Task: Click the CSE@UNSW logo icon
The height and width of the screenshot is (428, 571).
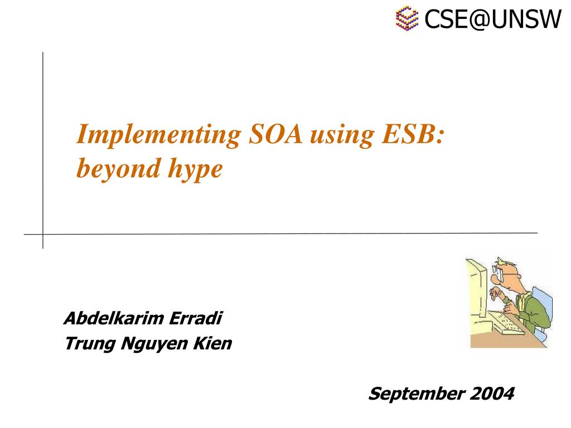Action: (x=407, y=18)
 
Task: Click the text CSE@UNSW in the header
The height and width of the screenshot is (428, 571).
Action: (x=492, y=20)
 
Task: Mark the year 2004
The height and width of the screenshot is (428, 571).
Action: (x=491, y=394)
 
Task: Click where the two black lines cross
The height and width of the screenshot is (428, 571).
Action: (x=43, y=234)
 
